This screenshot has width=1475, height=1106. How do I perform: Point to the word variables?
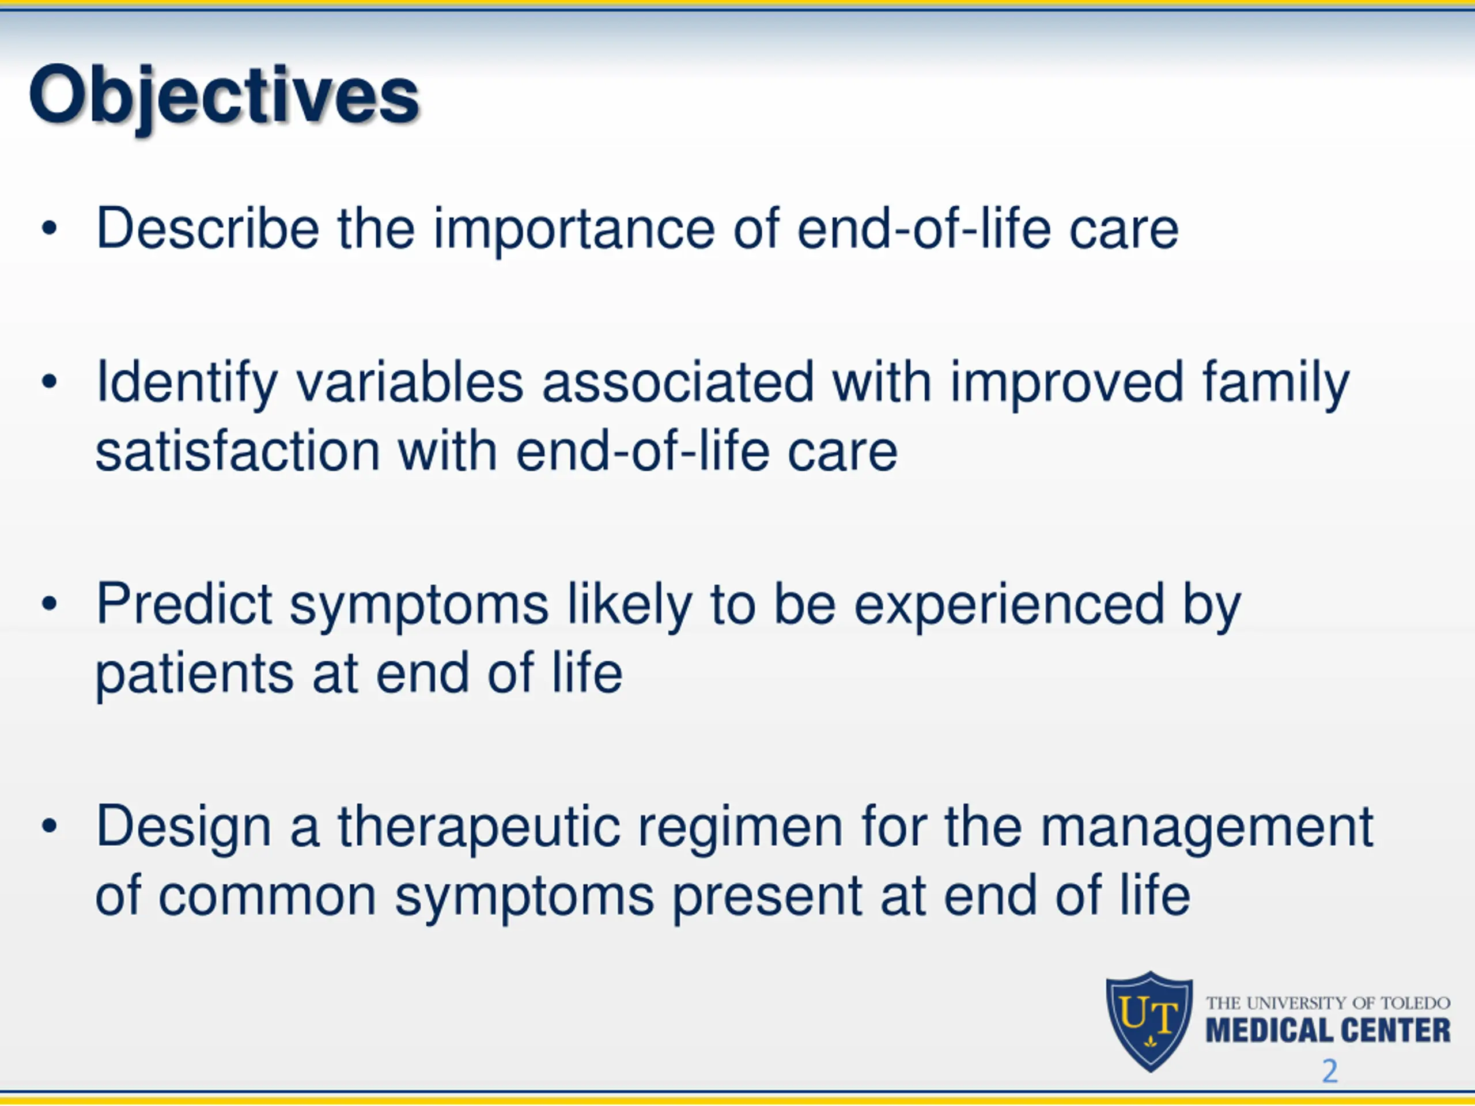pos(410,382)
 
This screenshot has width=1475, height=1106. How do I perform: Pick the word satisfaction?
pos(237,452)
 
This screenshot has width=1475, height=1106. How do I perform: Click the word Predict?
pos(183,604)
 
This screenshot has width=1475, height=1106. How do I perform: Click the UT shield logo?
pos(1149,1021)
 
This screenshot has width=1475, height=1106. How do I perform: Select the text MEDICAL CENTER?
pos(1327,1030)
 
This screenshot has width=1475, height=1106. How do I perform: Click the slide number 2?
pos(1330,1071)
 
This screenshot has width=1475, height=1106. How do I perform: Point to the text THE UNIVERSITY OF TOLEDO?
pos(1327,1003)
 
